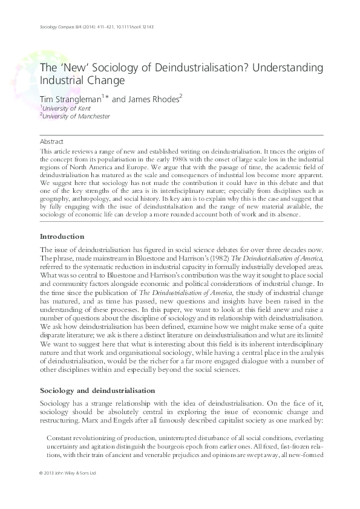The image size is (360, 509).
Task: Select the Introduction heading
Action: point(62,236)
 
